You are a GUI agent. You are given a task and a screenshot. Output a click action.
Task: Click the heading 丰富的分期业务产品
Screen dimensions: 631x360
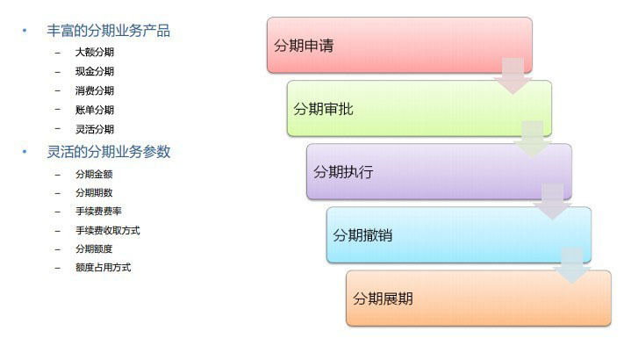tap(108, 31)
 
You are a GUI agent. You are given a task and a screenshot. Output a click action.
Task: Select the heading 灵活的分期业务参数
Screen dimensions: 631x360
tap(109, 152)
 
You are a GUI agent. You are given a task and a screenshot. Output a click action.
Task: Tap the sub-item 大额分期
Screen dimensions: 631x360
tap(95, 52)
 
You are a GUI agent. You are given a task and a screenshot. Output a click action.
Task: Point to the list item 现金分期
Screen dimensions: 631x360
tap(95, 71)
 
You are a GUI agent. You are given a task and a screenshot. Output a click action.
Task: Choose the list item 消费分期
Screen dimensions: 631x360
tap(95, 90)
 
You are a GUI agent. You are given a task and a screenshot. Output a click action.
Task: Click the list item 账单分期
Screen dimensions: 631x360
tap(95, 110)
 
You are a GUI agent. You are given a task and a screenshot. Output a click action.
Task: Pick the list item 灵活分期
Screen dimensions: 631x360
tap(95, 129)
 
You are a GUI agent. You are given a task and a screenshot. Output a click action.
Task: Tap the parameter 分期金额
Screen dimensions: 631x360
tap(94, 174)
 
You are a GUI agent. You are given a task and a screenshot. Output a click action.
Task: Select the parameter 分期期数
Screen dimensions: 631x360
tap(94, 192)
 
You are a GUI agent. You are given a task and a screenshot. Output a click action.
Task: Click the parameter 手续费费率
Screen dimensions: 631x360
tap(98, 211)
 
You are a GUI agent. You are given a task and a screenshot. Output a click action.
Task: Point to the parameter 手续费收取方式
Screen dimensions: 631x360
tap(108, 230)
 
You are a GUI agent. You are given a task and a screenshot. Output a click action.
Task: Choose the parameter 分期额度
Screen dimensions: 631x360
tap(94, 248)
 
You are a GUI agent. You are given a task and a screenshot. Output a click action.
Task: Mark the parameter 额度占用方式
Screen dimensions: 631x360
tap(104, 268)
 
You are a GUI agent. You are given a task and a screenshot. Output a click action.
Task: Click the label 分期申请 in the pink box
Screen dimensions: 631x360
tap(304, 46)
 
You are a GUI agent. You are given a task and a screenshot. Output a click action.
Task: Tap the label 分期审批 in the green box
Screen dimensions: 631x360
tap(323, 109)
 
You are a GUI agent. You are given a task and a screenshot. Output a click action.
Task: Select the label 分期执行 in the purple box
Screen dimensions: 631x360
tap(343, 172)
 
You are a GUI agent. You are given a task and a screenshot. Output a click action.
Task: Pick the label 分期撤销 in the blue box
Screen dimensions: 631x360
tap(362, 235)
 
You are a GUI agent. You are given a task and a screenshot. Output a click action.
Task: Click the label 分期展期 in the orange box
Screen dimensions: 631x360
tap(383, 299)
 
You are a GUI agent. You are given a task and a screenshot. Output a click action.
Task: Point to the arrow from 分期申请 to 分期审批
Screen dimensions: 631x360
tap(513, 76)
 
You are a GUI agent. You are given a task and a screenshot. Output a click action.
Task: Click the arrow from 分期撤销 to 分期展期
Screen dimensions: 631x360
tap(572, 266)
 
